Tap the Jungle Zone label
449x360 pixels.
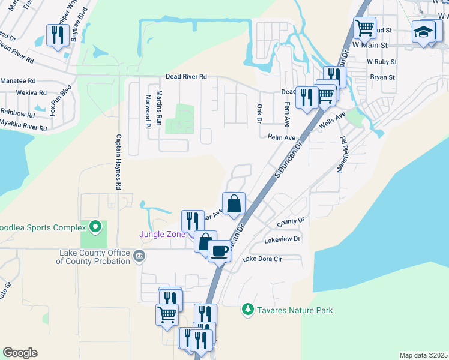click(x=163, y=234)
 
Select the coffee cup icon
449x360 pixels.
click(x=220, y=250)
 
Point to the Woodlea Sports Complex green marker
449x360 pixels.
click(x=95, y=227)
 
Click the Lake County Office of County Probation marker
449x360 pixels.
click(x=139, y=257)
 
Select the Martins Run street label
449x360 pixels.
click(x=159, y=108)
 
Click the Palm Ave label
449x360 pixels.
click(x=282, y=137)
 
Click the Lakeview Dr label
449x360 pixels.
click(x=282, y=239)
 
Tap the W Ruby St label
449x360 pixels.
click(x=382, y=62)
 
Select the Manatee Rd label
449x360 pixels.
click(x=18, y=80)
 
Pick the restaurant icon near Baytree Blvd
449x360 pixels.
click(x=57, y=35)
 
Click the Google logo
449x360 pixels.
click(x=20, y=353)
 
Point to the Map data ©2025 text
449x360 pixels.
click(x=423, y=355)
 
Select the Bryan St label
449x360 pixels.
click(x=382, y=77)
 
